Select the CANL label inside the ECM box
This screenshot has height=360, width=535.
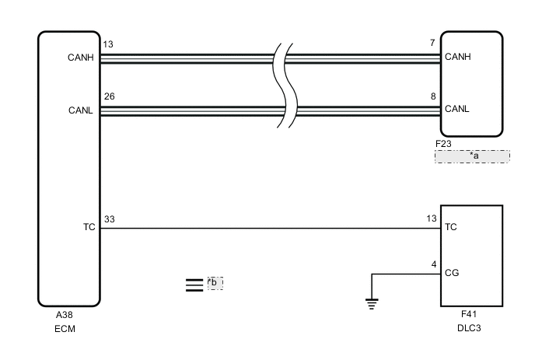[x=81, y=110]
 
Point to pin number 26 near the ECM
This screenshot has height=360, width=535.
[x=109, y=97]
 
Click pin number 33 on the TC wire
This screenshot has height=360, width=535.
[x=109, y=220]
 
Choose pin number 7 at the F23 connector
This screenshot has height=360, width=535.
[x=432, y=44]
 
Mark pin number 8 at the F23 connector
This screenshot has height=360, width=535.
[x=432, y=97]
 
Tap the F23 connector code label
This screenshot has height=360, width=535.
[x=443, y=144]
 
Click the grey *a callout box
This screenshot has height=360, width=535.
[x=472, y=156]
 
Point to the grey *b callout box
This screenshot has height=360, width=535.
[x=215, y=282]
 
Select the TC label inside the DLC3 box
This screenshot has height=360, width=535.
[x=449, y=229]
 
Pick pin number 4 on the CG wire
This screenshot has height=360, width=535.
[x=432, y=264]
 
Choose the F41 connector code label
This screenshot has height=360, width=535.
[x=468, y=315]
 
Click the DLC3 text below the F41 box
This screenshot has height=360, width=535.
[x=469, y=328]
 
